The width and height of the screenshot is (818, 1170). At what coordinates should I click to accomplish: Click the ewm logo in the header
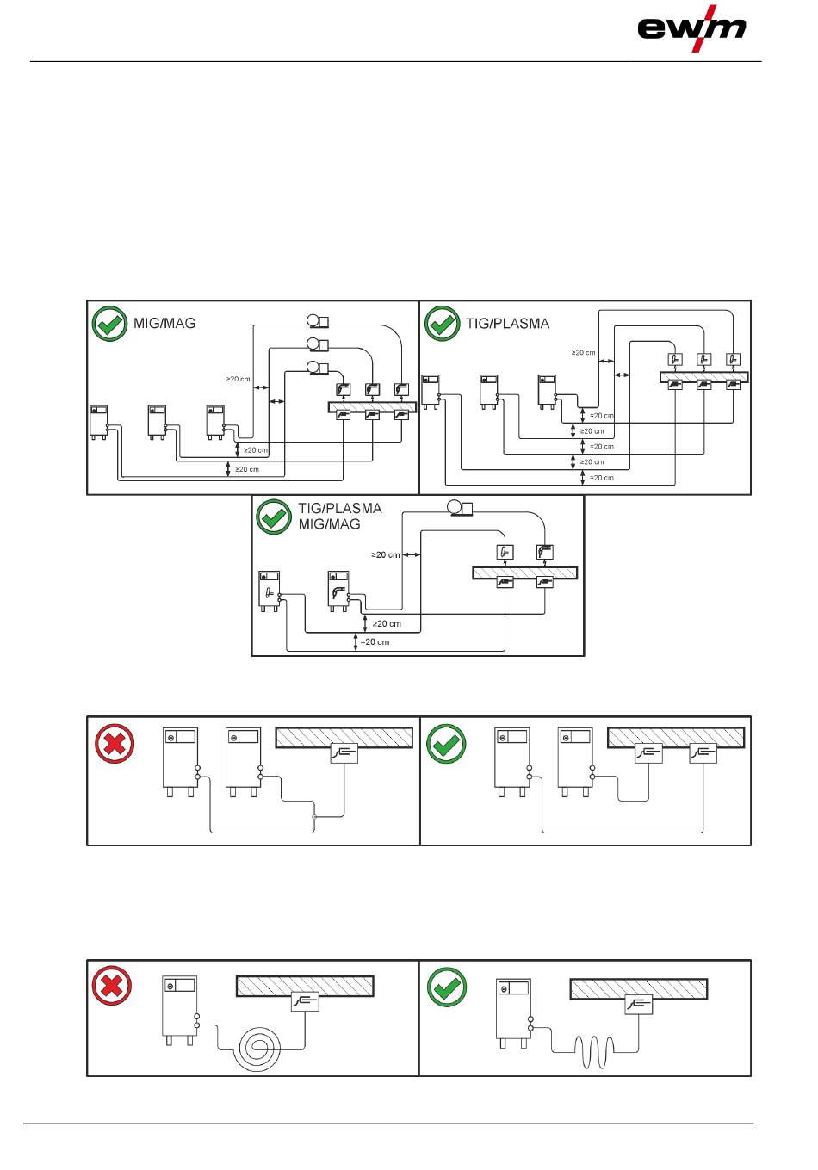pyautogui.click(x=691, y=28)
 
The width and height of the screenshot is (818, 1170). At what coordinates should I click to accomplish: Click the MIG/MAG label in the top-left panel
pyautogui.click(x=164, y=324)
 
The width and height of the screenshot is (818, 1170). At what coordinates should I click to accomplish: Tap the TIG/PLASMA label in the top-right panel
pyautogui.click(x=507, y=324)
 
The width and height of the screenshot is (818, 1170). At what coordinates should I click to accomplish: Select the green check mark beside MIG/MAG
pyautogui.click(x=109, y=324)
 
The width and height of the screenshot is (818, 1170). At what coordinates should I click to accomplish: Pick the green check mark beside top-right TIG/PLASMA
pyautogui.click(x=442, y=324)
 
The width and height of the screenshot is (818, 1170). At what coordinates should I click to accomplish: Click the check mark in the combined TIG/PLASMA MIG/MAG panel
pyautogui.click(x=273, y=517)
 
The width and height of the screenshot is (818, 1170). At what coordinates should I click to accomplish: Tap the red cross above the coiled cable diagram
pyautogui.click(x=111, y=985)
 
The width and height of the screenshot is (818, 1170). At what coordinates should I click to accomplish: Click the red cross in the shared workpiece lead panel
pyautogui.click(x=115, y=743)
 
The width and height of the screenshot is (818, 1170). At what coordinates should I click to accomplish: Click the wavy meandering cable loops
pyautogui.click(x=593, y=1051)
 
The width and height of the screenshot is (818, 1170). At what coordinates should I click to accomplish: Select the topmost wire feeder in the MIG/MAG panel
pyautogui.click(x=317, y=321)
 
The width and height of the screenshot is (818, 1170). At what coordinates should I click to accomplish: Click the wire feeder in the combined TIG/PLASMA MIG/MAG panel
pyautogui.click(x=460, y=508)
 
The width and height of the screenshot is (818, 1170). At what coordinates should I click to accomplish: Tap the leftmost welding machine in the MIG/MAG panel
pyautogui.click(x=99, y=422)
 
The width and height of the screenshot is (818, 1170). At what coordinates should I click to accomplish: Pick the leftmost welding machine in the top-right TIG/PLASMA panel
pyautogui.click(x=431, y=392)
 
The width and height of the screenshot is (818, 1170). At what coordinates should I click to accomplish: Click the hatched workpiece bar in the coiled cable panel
pyautogui.click(x=305, y=986)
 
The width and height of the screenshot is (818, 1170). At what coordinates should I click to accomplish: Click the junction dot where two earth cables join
pyautogui.click(x=314, y=817)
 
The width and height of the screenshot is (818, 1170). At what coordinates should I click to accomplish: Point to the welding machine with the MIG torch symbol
pyautogui.click(x=338, y=591)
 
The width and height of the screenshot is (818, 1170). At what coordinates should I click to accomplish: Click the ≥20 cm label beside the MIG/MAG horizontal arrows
pyautogui.click(x=239, y=379)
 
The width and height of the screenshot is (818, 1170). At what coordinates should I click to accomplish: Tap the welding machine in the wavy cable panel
pyautogui.click(x=513, y=1013)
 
